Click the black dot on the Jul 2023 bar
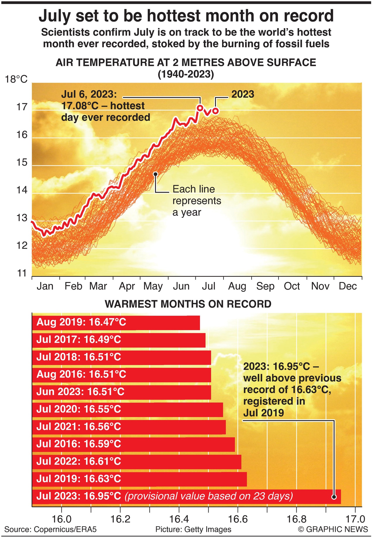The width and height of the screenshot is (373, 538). (334, 497)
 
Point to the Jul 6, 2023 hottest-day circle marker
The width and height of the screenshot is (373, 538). (200, 108)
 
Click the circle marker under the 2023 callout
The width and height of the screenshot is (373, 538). (216, 111)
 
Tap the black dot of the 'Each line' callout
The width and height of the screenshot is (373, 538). (155, 174)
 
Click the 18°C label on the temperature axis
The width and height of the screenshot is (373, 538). (16, 79)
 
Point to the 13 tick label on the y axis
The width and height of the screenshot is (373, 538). (22, 218)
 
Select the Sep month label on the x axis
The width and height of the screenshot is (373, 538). (265, 286)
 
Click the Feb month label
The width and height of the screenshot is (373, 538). (73, 286)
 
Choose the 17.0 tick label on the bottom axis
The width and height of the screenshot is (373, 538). (355, 519)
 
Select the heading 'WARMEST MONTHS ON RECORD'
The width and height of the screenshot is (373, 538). (188, 304)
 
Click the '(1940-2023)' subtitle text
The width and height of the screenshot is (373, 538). (186, 74)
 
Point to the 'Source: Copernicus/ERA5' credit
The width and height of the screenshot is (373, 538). (50, 529)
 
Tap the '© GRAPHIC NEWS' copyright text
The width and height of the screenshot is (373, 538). (333, 529)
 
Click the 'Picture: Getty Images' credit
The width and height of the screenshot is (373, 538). (193, 529)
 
